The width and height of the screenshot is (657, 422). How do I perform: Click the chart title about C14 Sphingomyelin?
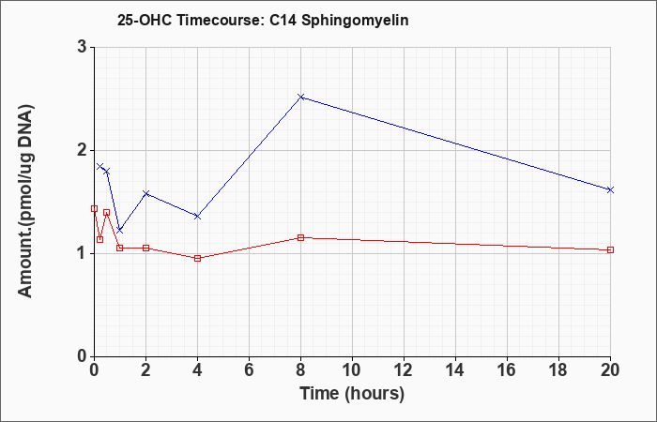(x=263, y=21)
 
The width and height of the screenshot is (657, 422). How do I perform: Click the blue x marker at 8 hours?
(x=300, y=98)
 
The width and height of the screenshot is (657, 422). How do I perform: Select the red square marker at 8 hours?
(x=300, y=238)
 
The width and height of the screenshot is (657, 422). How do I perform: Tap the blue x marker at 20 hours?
(x=610, y=189)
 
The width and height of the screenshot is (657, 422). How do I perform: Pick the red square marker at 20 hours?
(x=610, y=250)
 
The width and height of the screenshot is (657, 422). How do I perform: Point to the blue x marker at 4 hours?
(x=197, y=216)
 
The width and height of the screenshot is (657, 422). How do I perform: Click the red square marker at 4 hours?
(x=197, y=258)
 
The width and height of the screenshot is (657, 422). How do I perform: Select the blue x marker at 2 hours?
(x=145, y=193)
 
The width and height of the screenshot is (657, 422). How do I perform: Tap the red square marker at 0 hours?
(x=94, y=208)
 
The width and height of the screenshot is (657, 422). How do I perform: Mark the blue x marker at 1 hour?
(x=120, y=231)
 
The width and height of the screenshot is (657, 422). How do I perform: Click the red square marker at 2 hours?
(x=145, y=248)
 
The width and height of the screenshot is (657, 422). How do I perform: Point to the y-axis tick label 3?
(x=82, y=47)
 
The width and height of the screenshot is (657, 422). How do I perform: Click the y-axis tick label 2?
(x=82, y=150)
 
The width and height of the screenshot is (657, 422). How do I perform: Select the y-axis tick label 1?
(x=82, y=253)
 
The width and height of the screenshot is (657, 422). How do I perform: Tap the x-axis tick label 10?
(x=352, y=370)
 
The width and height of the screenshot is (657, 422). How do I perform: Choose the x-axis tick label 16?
(x=507, y=370)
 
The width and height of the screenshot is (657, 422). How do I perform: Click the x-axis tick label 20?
(x=610, y=370)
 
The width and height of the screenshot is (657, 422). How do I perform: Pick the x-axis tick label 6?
(x=249, y=370)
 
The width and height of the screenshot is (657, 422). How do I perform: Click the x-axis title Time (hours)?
(x=352, y=394)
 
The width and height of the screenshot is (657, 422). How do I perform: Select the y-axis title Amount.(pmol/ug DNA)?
(x=26, y=202)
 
